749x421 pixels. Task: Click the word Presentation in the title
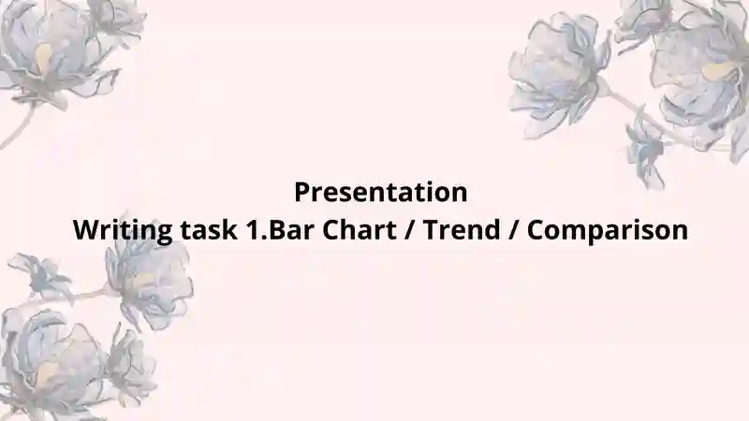(381, 192)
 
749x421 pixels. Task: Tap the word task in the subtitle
(205, 230)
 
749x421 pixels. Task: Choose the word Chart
(360, 230)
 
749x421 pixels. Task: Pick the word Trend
(459, 230)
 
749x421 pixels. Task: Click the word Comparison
(607, 230)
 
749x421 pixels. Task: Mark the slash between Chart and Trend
(408, 230)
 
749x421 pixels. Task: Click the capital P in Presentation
(302, 192)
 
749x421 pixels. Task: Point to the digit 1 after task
(251, 230)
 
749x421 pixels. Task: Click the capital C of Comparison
(536, 230)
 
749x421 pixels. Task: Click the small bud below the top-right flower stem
(644, 150)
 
